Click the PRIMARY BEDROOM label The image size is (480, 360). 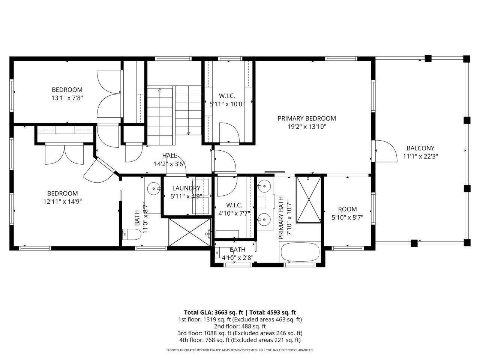click(306, 118)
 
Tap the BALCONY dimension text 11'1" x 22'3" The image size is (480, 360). click(420, 157)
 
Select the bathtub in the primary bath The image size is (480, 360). click(300, 252)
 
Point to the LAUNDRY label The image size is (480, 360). click(186, 188)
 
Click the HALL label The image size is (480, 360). click(169, 156)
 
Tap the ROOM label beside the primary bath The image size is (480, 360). click(347, 209)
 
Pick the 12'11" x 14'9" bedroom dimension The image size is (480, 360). click(62, 201)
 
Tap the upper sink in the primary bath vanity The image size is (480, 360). click(265, 185)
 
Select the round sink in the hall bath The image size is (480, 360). click(153, 187)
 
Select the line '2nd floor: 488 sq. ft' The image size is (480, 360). click(240, 326)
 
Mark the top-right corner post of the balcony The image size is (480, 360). click(466, 58)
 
